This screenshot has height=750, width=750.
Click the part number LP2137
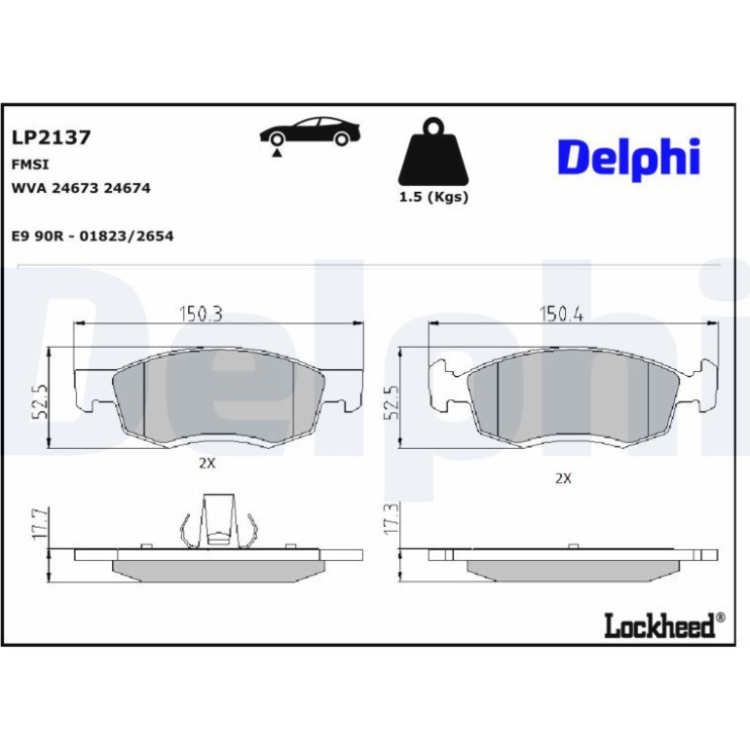click(51, 137)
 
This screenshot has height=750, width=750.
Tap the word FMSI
click(29, 165)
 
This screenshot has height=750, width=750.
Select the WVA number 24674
click(127, 188)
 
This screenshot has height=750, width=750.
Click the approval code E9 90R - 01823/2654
click(93, 237)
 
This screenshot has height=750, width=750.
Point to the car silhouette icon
click(310, 131)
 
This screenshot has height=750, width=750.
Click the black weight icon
click(433, 152)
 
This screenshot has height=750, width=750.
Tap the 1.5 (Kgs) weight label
click(433, 197)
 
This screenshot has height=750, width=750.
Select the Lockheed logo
click(664, 624)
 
